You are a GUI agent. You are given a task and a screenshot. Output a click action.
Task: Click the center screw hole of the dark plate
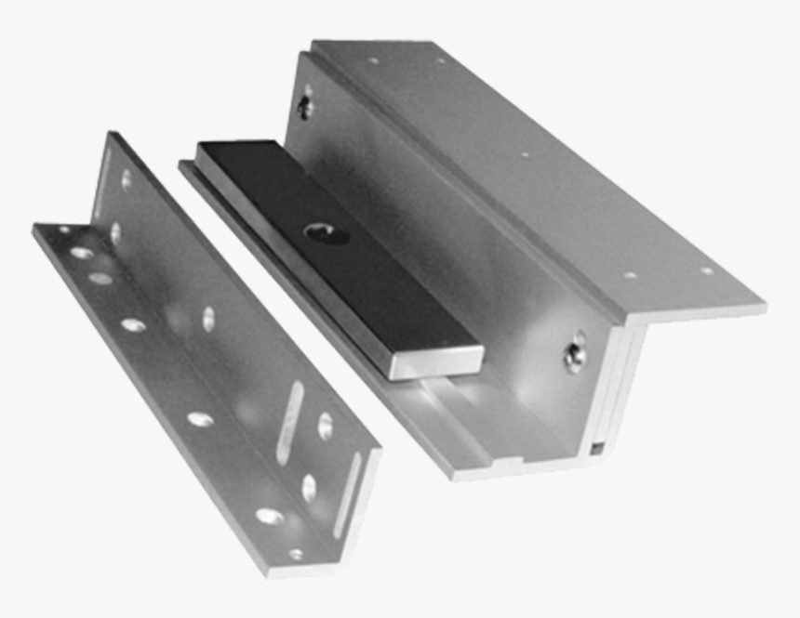pyautogui.click(x=325, y=234)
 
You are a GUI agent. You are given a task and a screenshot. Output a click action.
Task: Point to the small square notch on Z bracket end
pyautogui.click(x=595, y=450)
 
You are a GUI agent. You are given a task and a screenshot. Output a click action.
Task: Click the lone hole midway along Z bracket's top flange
pyautogui.click(x=525, y=155)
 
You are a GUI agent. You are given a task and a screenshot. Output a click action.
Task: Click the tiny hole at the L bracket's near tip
pyautogui.click(x=296, y=554)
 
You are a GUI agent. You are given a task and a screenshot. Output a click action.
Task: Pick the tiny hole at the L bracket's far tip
pyautogui.click(x=64, y=230)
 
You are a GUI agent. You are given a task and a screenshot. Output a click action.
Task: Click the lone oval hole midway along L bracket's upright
pyautogui.click(x=208, y=319)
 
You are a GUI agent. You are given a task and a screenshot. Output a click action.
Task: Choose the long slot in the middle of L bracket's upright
pyautogui.click(x=289, y=422)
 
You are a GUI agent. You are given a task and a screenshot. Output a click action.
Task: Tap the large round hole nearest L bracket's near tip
pyautogui.click(x=269, y=516)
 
